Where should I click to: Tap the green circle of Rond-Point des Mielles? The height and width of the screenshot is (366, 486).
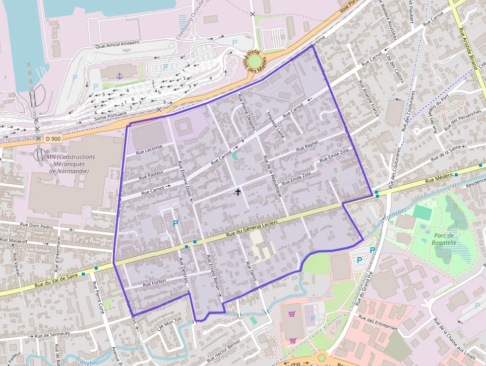254,62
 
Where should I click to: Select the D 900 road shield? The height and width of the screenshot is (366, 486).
53,139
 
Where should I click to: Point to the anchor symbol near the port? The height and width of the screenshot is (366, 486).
119,75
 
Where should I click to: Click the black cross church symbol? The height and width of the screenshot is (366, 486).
238,191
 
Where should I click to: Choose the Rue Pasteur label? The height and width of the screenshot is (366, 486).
151,174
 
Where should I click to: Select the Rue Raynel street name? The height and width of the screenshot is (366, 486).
307,146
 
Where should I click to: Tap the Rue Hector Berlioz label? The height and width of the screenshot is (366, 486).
223,351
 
